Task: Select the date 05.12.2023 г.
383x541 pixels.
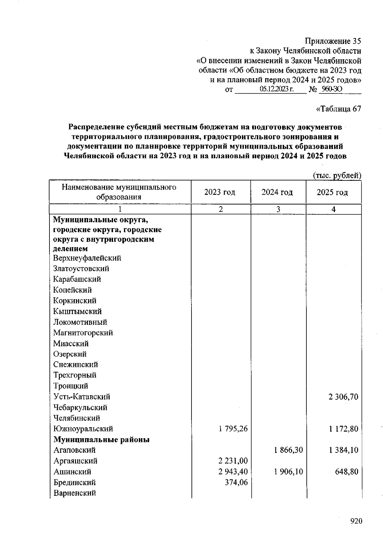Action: click(276, 89)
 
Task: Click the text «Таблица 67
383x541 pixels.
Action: click(338, 109)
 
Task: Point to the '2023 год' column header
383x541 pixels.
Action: click(220, 192)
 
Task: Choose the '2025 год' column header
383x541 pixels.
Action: click(332, 192)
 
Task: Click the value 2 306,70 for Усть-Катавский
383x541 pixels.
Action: click(343, 397)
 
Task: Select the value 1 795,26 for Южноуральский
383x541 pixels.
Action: click(233, 429)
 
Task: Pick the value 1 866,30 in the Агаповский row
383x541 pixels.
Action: click(288, 450)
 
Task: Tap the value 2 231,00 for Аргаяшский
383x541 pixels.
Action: click(233, 461)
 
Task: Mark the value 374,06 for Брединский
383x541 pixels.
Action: click(237, 482)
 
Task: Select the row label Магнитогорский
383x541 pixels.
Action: click(83, 333)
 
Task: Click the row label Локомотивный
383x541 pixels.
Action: click(80, 322)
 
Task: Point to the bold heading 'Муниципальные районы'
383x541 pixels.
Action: click(101, 440)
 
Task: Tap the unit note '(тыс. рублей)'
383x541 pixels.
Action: click(337, 175)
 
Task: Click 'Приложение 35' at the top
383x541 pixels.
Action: click(333, 41)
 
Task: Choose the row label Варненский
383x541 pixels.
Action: click(75, 493)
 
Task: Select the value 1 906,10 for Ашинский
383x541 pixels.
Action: click(288, 472)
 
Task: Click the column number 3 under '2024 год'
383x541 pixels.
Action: click(278, 209)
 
